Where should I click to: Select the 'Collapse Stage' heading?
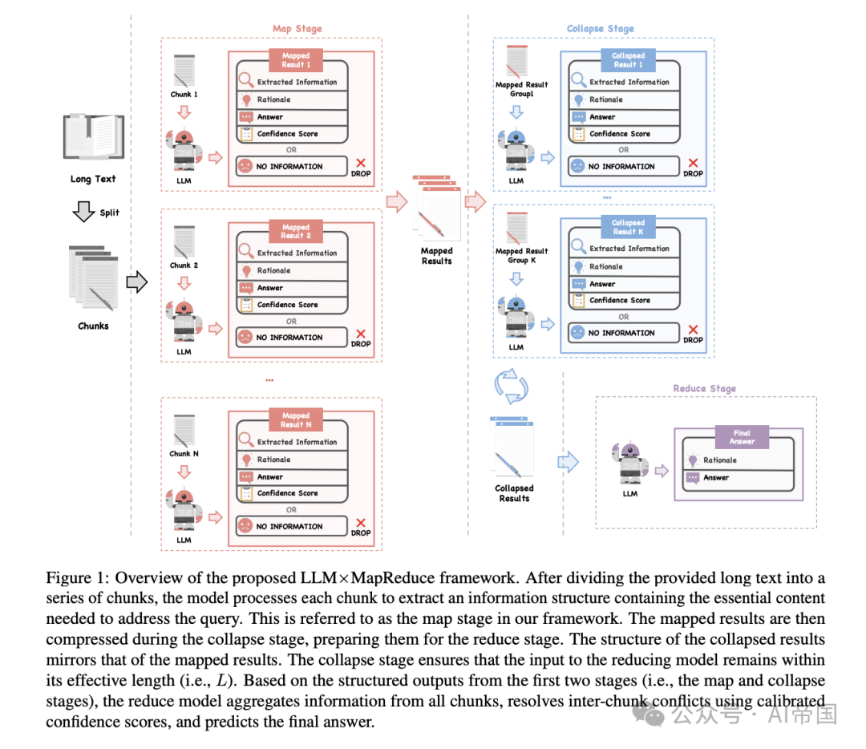point(600,29)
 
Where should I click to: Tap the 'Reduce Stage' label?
point(704,388)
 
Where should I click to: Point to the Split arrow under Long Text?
point(83,213)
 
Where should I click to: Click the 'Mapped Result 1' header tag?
point(295,60)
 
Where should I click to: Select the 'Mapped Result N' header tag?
point(295,420)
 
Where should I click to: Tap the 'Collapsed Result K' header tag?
point(628,227)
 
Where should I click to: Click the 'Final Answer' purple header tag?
point(742,437)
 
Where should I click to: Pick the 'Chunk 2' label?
point(184,265)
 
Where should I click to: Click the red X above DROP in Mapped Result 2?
point(361,334)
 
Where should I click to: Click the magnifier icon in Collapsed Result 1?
point(578,81)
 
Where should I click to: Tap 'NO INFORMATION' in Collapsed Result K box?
point(621,333)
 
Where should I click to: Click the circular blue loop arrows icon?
point(511,387)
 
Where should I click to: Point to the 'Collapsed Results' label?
point(514,492)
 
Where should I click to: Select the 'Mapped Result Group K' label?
point(521,255)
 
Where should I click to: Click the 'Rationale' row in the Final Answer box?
point(719,460)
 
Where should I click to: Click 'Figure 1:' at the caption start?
point(75,578)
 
